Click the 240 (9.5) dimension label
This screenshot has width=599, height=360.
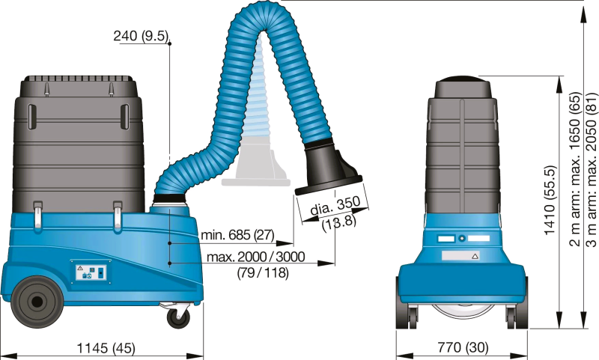141,36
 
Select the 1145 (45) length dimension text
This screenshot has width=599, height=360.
106,348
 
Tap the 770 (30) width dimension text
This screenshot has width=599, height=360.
463,347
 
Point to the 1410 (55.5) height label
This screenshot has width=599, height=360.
550,200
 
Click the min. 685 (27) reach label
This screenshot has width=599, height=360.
237,235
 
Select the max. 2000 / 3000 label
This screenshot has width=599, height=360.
256,257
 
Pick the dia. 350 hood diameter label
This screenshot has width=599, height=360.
335,206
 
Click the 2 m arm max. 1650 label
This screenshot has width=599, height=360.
575,169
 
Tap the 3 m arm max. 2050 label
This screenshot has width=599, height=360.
591,169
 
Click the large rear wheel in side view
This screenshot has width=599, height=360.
37,302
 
